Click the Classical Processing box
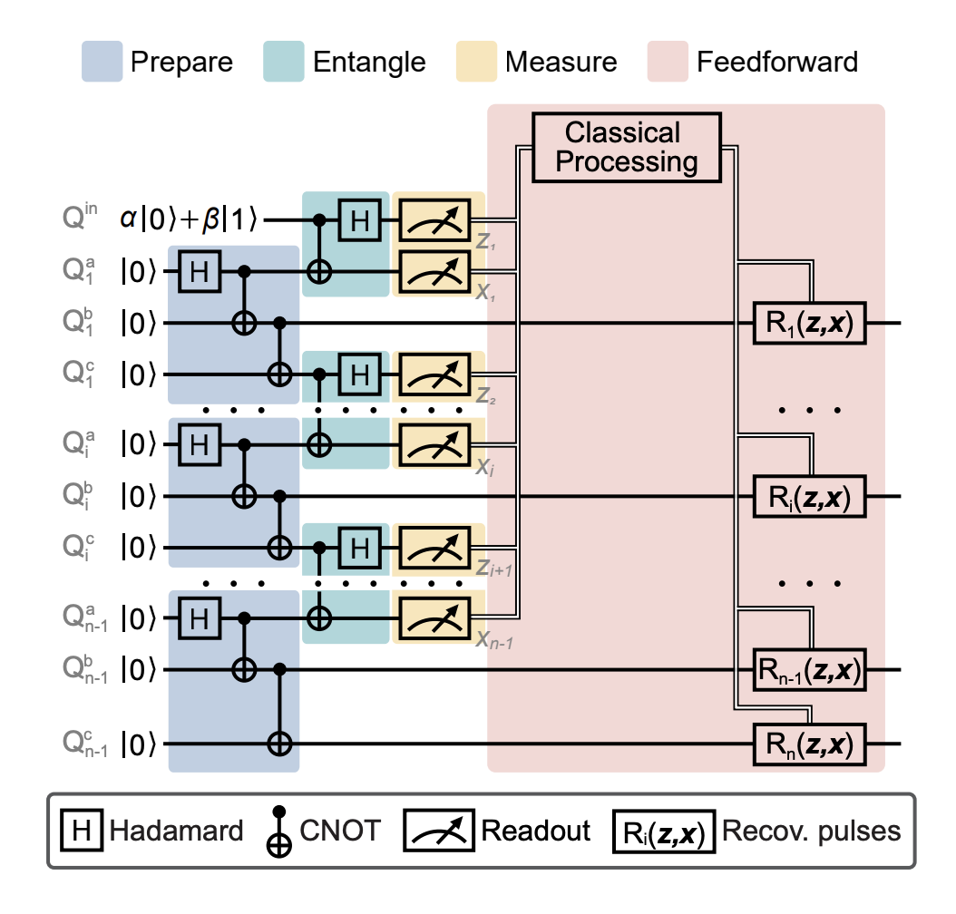[x=627, y=147]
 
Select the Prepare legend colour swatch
[x=101, y=62]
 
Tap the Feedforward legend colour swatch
[x=666, y=62]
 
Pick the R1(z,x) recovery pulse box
[x=809, y=323]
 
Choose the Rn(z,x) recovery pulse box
[x=809, y=744]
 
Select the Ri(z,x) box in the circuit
[x=809, y=497]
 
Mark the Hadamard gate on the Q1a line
[x=194, y=270]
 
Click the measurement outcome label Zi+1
[x=495, y=568]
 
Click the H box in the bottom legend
[x=81, y=830]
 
